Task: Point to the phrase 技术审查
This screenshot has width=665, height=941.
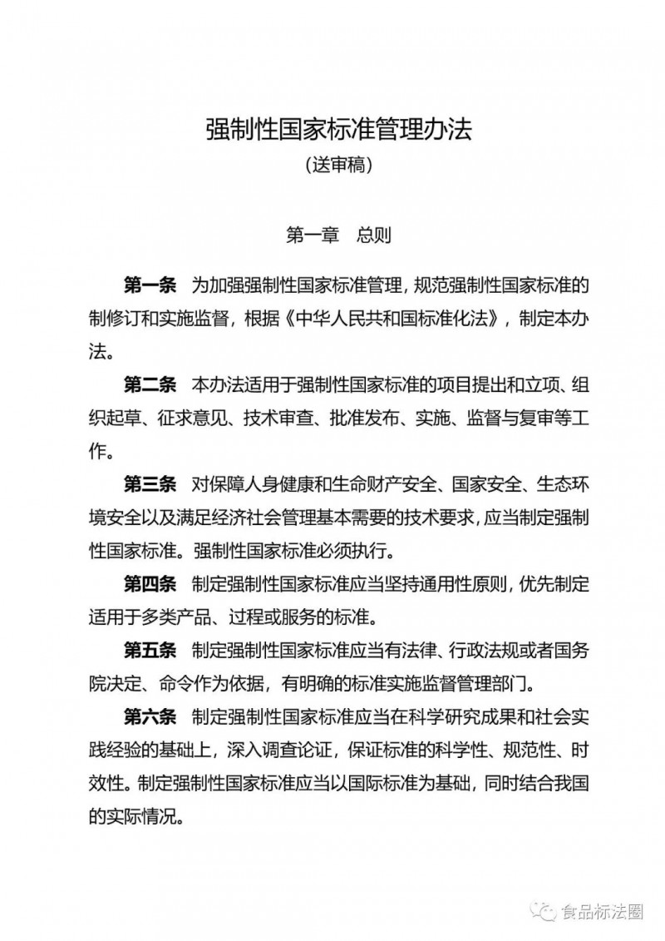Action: click(283, 418)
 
